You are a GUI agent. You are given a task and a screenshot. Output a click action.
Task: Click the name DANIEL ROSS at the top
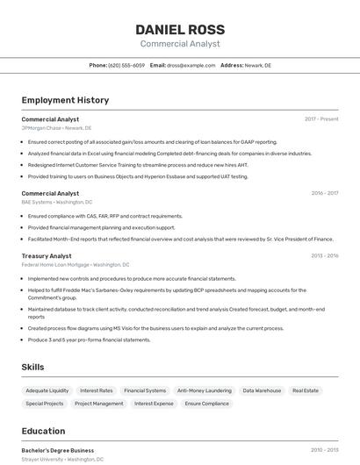coord(180,29)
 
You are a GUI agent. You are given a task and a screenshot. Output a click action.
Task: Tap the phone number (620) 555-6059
coord(126,65)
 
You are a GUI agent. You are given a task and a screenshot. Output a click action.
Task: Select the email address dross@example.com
coord(191,65)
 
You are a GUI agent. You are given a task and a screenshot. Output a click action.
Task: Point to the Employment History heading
coord(65,100)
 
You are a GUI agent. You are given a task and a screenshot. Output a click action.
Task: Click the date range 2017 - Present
coord(321,118)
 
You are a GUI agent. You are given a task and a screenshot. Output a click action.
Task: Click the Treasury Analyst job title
coord(47,255)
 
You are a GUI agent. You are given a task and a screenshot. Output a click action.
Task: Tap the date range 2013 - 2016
coord(324,255)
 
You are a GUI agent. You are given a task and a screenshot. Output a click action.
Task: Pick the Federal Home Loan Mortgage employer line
coord(76,264)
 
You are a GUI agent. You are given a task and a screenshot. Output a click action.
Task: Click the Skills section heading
coord(33,367)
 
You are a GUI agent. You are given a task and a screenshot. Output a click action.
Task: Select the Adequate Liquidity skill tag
coord(47,390)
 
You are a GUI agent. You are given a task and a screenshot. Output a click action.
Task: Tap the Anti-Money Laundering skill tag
coord(205,390)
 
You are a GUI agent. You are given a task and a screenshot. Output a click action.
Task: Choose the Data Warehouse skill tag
coord(262,390)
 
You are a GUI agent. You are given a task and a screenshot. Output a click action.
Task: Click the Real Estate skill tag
coord(306,390)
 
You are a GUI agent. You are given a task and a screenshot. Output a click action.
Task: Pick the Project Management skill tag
coord(99,404)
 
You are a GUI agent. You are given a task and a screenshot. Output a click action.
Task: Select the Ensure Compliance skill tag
coord(207,404)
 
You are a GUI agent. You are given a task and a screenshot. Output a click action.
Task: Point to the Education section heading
coord(43,431)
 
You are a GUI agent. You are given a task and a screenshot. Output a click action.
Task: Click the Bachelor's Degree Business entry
coord(58,450)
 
